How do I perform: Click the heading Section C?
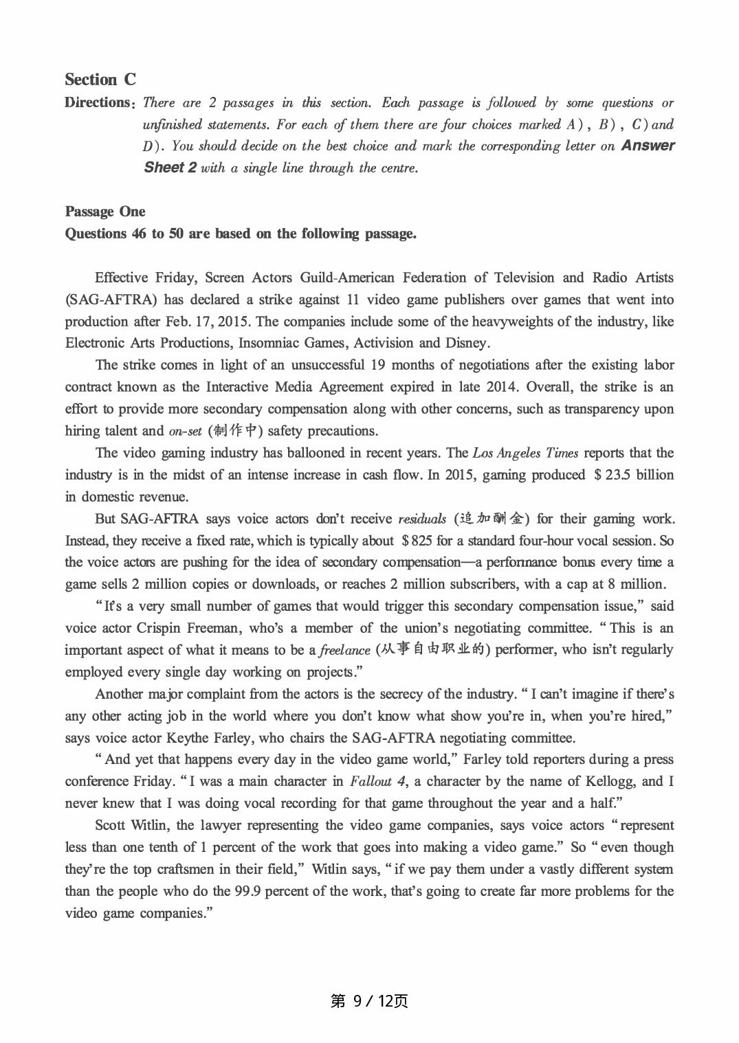point(100,80)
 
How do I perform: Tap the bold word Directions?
point(98,102)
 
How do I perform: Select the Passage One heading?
point(105,212)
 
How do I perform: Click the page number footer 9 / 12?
point(369,1001)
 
